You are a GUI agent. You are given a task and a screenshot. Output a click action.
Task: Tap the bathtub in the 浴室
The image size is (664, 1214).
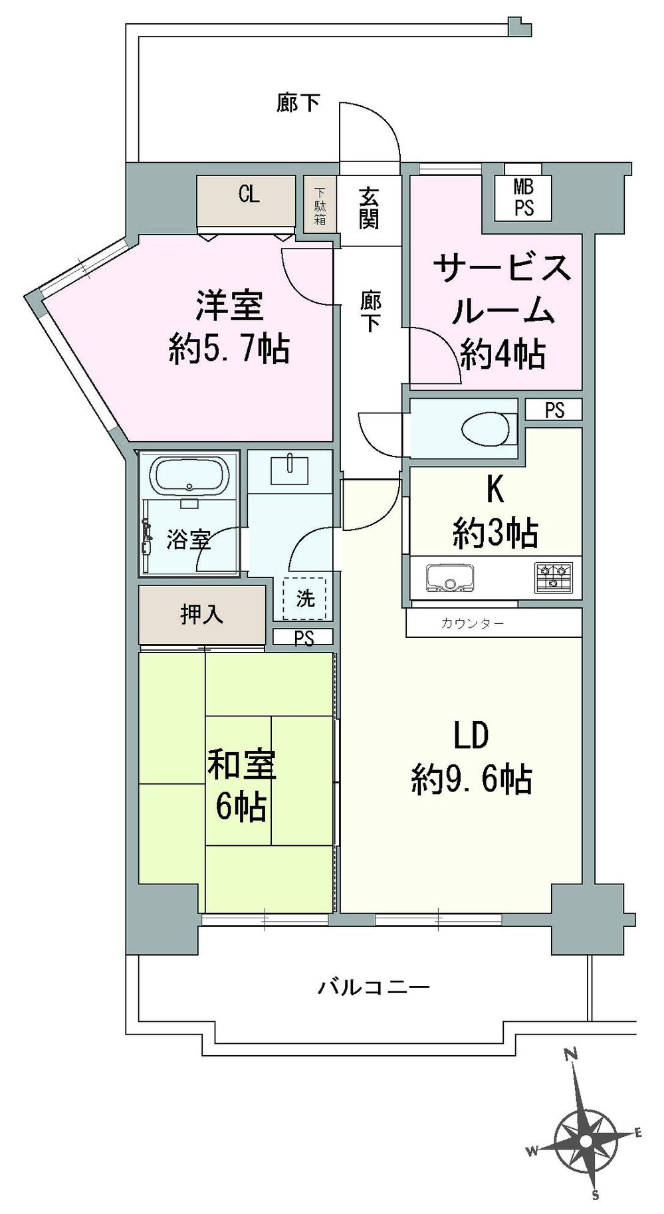[x=189, y=475]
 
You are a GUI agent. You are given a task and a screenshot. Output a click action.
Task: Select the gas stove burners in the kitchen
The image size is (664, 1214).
[x=553, y=577]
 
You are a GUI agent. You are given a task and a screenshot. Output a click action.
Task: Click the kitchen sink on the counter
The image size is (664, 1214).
[x=451, y=577]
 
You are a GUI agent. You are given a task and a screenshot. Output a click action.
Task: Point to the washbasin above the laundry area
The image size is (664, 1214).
[x=290, y=470]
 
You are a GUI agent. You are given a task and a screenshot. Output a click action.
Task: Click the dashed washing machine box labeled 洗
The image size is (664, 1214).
[x=304, y=598]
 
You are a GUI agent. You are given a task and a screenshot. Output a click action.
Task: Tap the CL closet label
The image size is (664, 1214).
[x=249, y=195]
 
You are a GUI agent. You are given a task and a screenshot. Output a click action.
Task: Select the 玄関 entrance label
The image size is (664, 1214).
[x=369, y=207]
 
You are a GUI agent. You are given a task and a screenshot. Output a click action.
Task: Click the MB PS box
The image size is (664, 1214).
[x=524, y=197]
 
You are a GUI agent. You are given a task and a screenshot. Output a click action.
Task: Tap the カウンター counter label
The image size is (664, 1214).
[x=472, y=623]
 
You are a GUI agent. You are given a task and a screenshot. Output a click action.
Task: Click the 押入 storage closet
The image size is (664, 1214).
[x=202, y=615]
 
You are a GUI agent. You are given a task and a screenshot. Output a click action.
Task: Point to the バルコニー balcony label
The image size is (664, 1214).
[x=374, y=987]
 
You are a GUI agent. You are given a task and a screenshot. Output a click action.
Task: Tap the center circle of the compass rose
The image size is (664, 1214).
[x=586, y=1140]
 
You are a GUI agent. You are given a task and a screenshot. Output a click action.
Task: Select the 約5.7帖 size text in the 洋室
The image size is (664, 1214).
[x=229, y=348]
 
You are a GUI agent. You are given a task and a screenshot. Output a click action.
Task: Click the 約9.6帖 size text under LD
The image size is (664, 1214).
[x=471, y=779]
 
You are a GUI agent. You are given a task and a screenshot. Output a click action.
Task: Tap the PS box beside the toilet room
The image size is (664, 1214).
[x=554, y=410]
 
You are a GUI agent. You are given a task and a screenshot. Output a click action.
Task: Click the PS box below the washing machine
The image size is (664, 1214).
[x=304, y=638]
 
